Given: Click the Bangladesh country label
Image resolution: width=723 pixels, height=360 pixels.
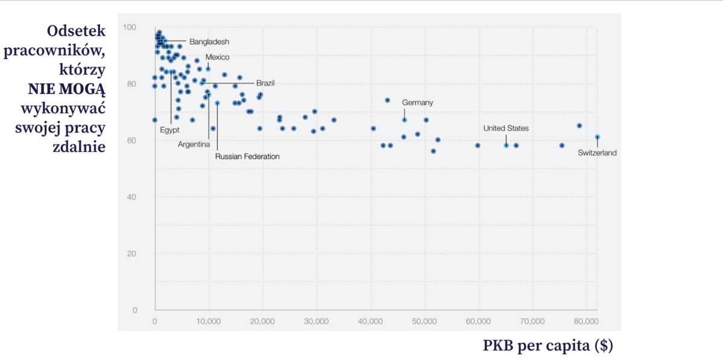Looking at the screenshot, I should pyautogui.click(x=209, y=42).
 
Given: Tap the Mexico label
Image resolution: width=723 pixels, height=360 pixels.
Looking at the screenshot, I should pyautogui.click(x=218, y=57).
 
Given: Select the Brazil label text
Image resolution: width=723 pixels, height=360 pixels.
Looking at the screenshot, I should pyautogui.click(x=265, y=83).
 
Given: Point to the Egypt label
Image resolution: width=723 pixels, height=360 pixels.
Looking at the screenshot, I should pyautogui.click(x=169, y=130).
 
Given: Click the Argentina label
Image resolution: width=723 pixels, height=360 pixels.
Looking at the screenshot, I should pyautogui.click(x=194, y=144).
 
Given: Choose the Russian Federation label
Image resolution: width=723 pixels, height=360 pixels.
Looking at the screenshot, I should pyautogui.click(x=247, y=156).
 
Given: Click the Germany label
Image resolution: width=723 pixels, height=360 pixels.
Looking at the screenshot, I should pyautogui.click(x=417, y=103).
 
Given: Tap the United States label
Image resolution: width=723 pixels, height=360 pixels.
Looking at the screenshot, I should pyautogui.click(x=506, y=128).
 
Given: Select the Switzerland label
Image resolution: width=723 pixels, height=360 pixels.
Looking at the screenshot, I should pyautogui.click(x=597, y=153).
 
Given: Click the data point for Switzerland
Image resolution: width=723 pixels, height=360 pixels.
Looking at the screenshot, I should pyautogui.click(x=597, y=137).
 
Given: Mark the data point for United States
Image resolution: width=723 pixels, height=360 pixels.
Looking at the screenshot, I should pyautogui.click(x=507, y=145).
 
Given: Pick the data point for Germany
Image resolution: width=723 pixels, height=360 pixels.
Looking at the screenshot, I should pyautogui.click(x=405, y=120).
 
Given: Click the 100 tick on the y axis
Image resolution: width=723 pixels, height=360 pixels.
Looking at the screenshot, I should pyautogui.click(x=130, y=27).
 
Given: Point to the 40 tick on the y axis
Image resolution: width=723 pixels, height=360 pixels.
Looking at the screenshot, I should pyautogui.click(x=131, y=197).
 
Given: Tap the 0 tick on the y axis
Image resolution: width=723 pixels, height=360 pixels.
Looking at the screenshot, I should pyautogui.click(x=134, y=310).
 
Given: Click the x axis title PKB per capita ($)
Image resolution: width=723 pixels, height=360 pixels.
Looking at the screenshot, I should pyautogui.click(x=548, y=346).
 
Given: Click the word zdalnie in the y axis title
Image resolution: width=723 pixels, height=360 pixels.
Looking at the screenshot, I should pyautogui.click(x=80, y=147).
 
